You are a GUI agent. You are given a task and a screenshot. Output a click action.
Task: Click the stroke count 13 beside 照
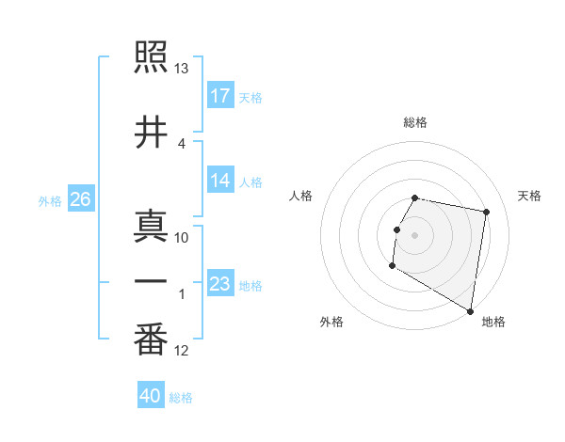point(182,68)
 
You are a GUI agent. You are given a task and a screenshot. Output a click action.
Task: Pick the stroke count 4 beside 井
point(182,143)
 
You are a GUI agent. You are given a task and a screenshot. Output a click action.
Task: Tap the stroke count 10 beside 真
point(182,237)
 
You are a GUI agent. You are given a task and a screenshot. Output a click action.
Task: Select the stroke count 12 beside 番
point(182,351)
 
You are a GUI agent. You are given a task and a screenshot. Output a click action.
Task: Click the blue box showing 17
point(220,96)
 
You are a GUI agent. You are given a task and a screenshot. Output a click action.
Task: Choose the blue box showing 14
point(220,182)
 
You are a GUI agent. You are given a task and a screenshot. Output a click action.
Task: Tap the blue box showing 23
point(220,284)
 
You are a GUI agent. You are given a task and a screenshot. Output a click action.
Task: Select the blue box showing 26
point(80,199)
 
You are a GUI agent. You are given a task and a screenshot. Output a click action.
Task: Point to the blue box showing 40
point(151,396)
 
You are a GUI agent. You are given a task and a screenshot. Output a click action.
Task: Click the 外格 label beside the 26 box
point(50,200)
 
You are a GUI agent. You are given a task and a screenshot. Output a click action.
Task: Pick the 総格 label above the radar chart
point(415,122)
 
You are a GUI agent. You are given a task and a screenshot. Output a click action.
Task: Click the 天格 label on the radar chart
point(529,196)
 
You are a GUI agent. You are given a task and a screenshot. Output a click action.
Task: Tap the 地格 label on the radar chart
point(493,322)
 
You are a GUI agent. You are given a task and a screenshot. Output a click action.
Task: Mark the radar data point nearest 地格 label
point(470,311)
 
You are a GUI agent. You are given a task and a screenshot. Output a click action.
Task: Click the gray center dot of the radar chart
point(414,234)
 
